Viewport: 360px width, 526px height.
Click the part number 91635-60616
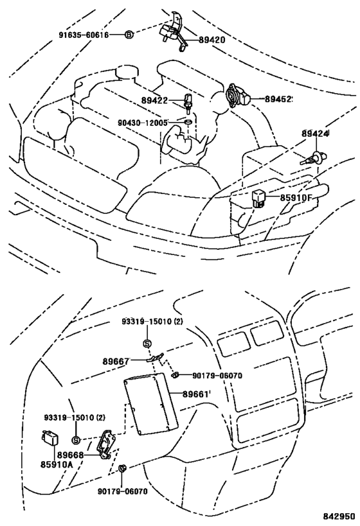tap(82, 34)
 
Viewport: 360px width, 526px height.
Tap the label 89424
tap(315, 134)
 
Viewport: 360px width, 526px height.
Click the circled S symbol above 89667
tap(147, 343)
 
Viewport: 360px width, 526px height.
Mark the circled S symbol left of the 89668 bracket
tap(75, 440)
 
